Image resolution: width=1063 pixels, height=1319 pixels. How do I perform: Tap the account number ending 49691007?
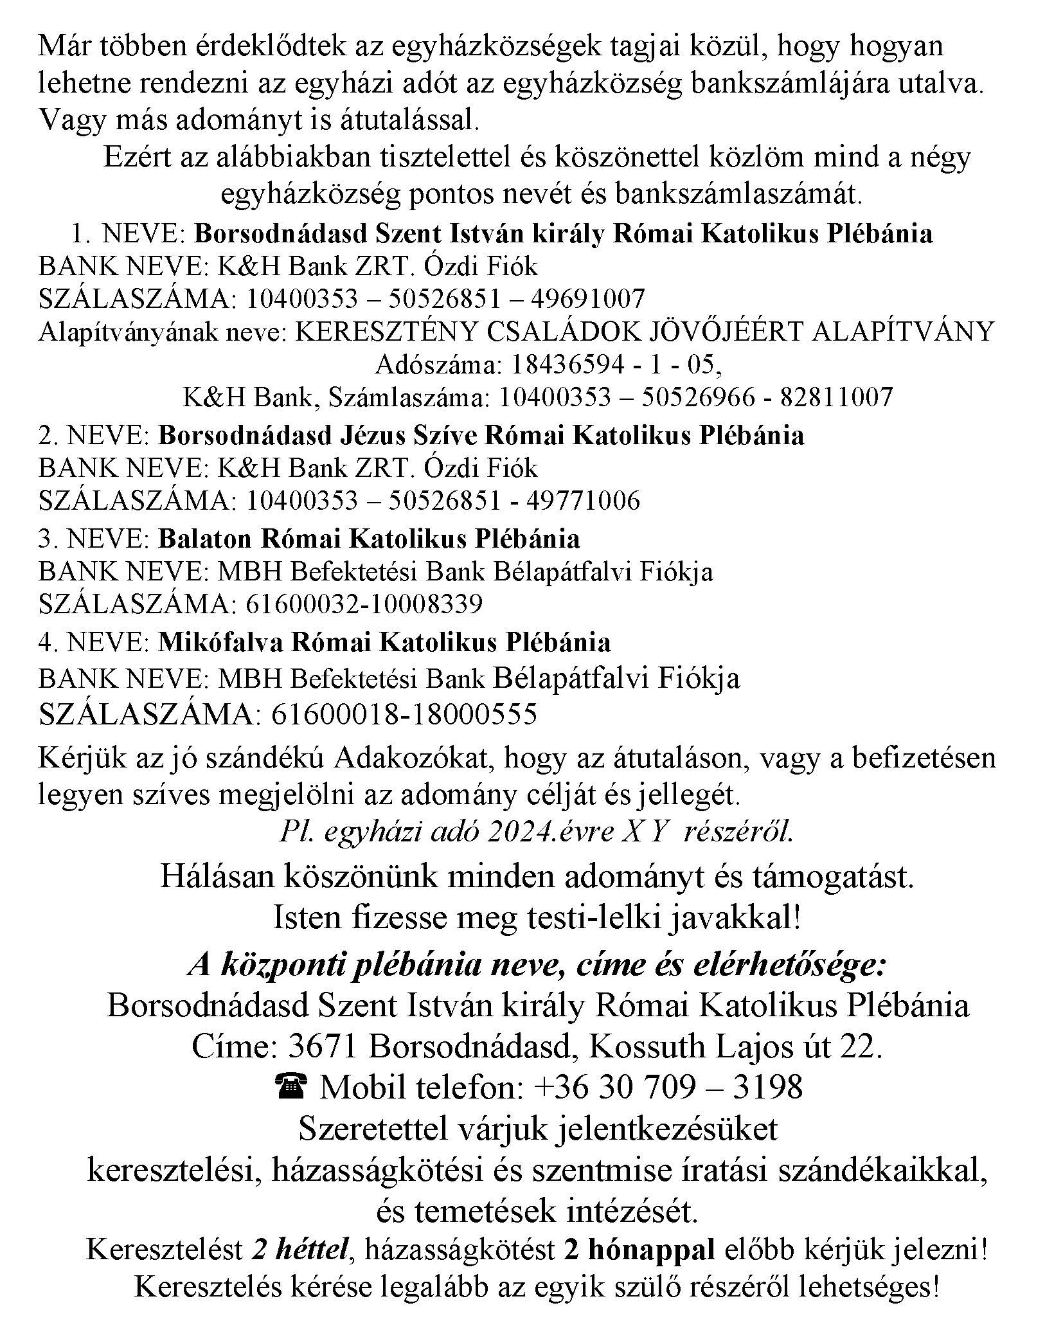(445, 299)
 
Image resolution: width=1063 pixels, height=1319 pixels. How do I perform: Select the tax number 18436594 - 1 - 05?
(615, 365)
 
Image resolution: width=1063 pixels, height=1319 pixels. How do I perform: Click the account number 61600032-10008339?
(364, 604)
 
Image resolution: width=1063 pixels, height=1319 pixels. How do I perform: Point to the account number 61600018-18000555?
(404, 714)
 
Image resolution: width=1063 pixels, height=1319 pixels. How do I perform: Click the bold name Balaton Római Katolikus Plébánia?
(369, 539)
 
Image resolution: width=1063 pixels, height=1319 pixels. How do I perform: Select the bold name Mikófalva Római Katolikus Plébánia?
(384, 642)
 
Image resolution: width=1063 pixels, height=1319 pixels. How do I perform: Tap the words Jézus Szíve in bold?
(407, 435)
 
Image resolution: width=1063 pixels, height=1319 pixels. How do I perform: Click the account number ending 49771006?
(443, 501)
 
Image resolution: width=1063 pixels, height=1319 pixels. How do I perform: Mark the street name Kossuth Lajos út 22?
(736, 1047)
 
